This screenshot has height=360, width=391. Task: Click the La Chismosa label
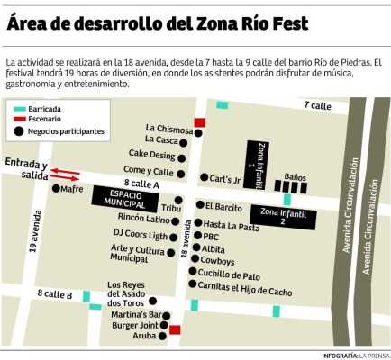(x=168, y=129)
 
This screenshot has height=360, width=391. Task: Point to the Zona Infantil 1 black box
(x=257, y=165)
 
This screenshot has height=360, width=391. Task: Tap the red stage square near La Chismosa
(x=200, y=121)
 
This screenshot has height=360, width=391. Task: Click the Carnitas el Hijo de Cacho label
(x=247, y=290)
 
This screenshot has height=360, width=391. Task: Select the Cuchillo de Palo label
(x=230, y=274)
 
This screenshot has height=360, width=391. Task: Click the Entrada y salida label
(x=25, y=169)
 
